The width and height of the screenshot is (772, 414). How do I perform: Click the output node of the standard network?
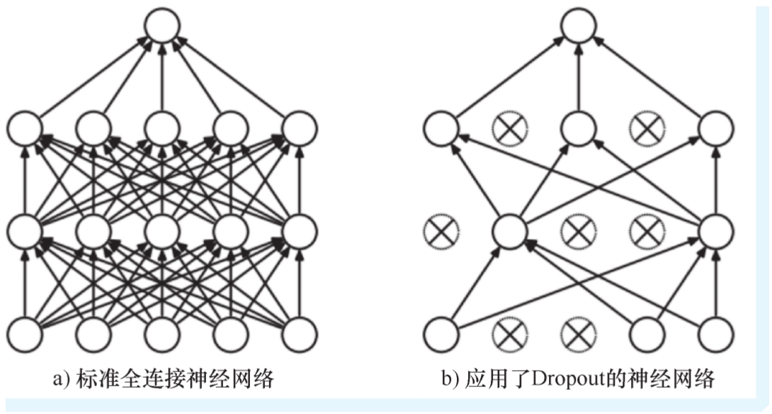(162, 27)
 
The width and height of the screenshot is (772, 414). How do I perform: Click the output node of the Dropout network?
(579, 27)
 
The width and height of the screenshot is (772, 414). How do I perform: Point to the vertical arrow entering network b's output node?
(579, 78)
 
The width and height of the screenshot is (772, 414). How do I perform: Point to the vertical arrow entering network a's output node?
(162, 78)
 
